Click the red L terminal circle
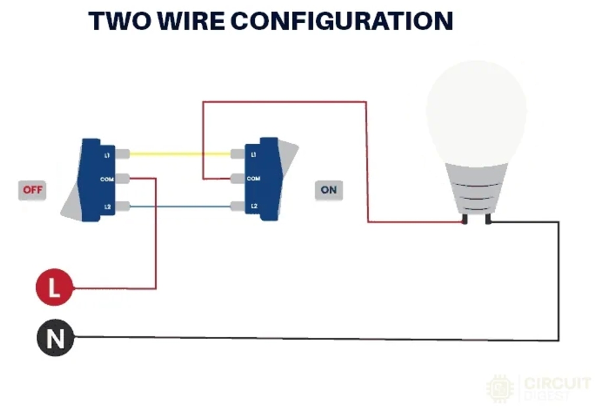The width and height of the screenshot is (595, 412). [54, 288]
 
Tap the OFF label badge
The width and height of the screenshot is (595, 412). [32, 190]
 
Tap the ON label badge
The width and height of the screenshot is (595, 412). [328, 190]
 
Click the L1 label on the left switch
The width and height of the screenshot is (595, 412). [106, 155]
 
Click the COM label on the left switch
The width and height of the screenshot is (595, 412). [106, 179]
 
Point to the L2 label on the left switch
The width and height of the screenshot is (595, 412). [106, 207]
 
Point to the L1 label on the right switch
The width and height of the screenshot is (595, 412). [253, 155]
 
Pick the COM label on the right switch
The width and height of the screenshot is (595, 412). [253, 179]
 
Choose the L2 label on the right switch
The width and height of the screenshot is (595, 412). [253, 206]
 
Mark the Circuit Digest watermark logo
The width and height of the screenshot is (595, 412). [538, 388]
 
